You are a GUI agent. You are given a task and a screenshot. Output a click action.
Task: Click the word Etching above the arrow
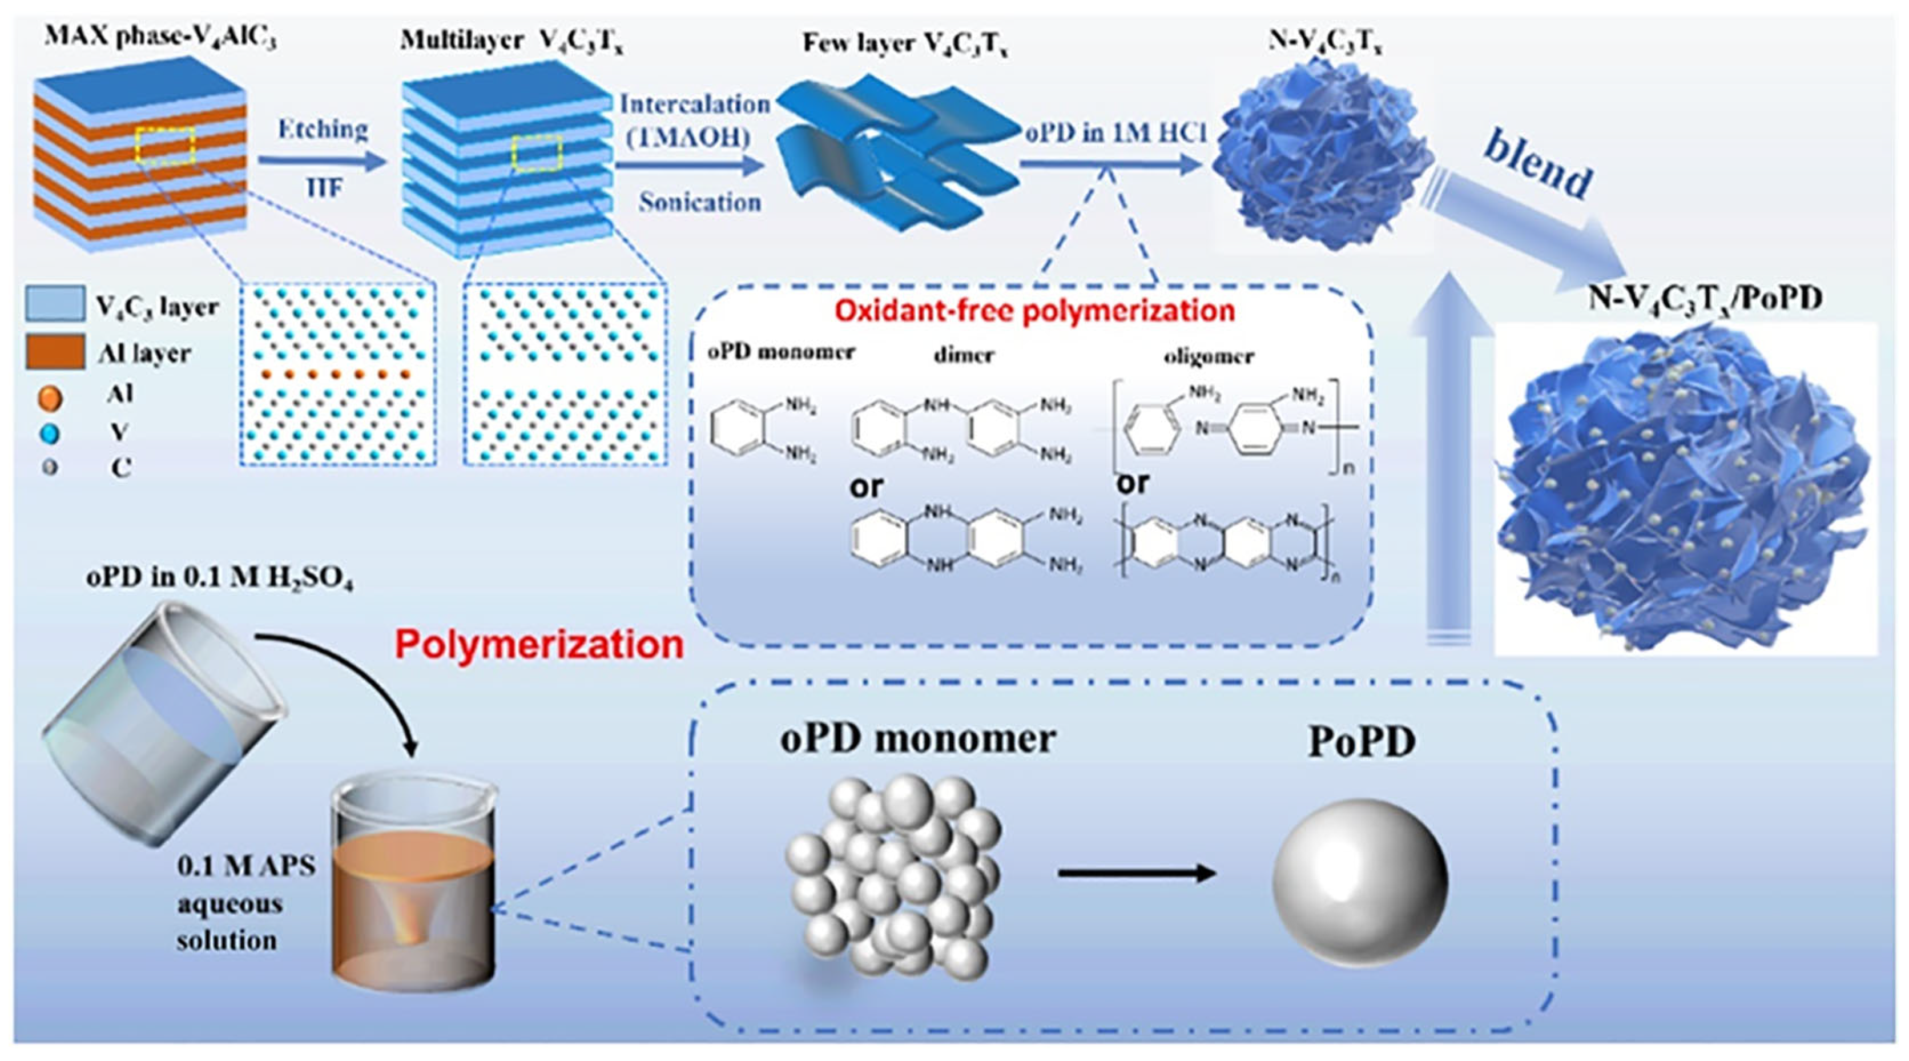click(x=323, y=129)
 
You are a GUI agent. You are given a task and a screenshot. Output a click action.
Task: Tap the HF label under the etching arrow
click(x=324, y=188)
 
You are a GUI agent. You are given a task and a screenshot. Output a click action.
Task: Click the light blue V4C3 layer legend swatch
click(x=54, y=305)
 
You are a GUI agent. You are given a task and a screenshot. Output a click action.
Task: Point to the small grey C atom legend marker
click(x=50, y=468)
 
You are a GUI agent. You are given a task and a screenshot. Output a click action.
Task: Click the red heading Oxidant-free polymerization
click(x=1034, y=311)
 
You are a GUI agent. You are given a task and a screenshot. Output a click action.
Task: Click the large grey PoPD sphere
click(x=1360, y=882)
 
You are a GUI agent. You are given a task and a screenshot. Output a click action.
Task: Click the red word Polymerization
click(x=539, y=644)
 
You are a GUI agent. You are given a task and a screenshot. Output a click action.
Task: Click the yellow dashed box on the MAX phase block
click(x=164, y=144)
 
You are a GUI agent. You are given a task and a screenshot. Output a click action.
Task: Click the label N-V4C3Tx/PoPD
click(x=1705, y=299)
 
